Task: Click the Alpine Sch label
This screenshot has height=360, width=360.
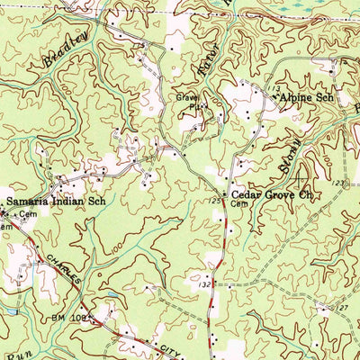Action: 306,95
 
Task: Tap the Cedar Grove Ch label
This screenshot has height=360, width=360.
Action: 271,193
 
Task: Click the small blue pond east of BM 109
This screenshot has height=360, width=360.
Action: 110,295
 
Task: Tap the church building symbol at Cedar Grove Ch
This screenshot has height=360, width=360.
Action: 225,193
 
